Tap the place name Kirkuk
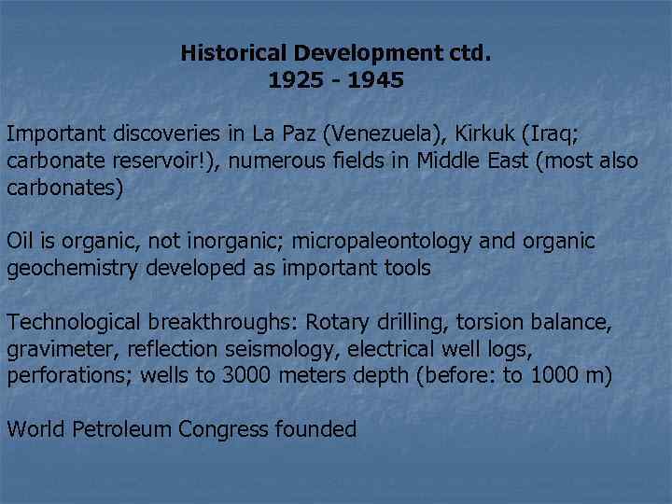[x=475, y=133]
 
